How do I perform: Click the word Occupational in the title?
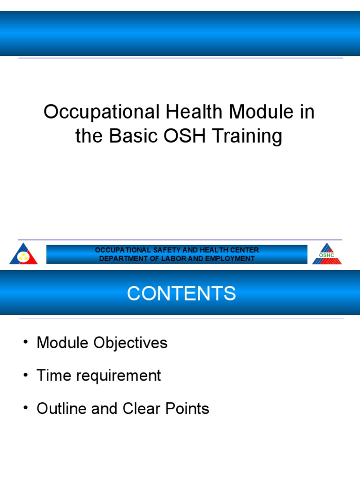click(102, 112)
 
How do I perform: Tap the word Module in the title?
click(262, 112)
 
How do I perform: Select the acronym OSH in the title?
click(184, 135)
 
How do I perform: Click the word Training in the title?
click(247, 136)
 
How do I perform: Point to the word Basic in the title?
click(133, 135)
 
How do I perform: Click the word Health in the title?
click(194, 112)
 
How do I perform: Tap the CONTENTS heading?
click(181, 293)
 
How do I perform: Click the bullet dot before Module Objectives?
click(26, 342)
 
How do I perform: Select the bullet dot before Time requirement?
click(26, 375)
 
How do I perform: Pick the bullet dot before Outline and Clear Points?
click(26, 408)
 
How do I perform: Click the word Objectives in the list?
click(130, 343)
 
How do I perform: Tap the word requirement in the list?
click(119, 376)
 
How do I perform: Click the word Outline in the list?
click(61, 408)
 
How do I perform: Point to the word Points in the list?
click(187, 408)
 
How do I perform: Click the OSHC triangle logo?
click(327, 254)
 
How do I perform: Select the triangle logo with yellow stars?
click(23, 255)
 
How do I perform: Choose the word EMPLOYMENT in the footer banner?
click(230, 259)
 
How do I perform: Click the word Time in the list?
click(54, 375)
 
